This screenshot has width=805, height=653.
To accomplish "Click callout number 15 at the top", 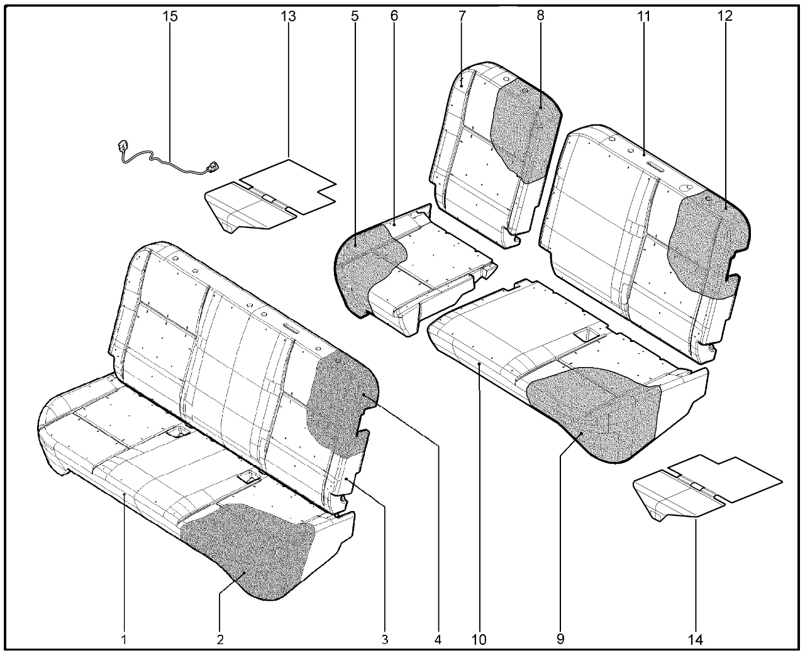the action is coord(170,16).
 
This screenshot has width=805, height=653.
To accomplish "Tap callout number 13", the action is coord(289,16).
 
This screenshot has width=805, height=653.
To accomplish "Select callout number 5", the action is coord(354,16).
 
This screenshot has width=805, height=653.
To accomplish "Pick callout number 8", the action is coord(540,16).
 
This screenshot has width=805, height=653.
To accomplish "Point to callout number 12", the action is coord(725,16).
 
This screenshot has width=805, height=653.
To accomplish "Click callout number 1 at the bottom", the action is coord(124,639).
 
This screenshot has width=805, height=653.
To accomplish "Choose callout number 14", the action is coord(696,639).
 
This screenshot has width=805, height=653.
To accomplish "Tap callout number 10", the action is coord(479,639).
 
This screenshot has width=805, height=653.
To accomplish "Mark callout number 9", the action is coord(560,639).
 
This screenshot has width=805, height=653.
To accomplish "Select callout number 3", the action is coord(385,639).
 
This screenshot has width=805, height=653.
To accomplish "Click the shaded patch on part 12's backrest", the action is coord(706,246).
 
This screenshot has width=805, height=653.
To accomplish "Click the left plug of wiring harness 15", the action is coord(123,146).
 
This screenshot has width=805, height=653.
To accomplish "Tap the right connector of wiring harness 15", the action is coord(213,167).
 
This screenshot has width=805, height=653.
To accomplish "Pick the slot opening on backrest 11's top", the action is coord(657,165).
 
